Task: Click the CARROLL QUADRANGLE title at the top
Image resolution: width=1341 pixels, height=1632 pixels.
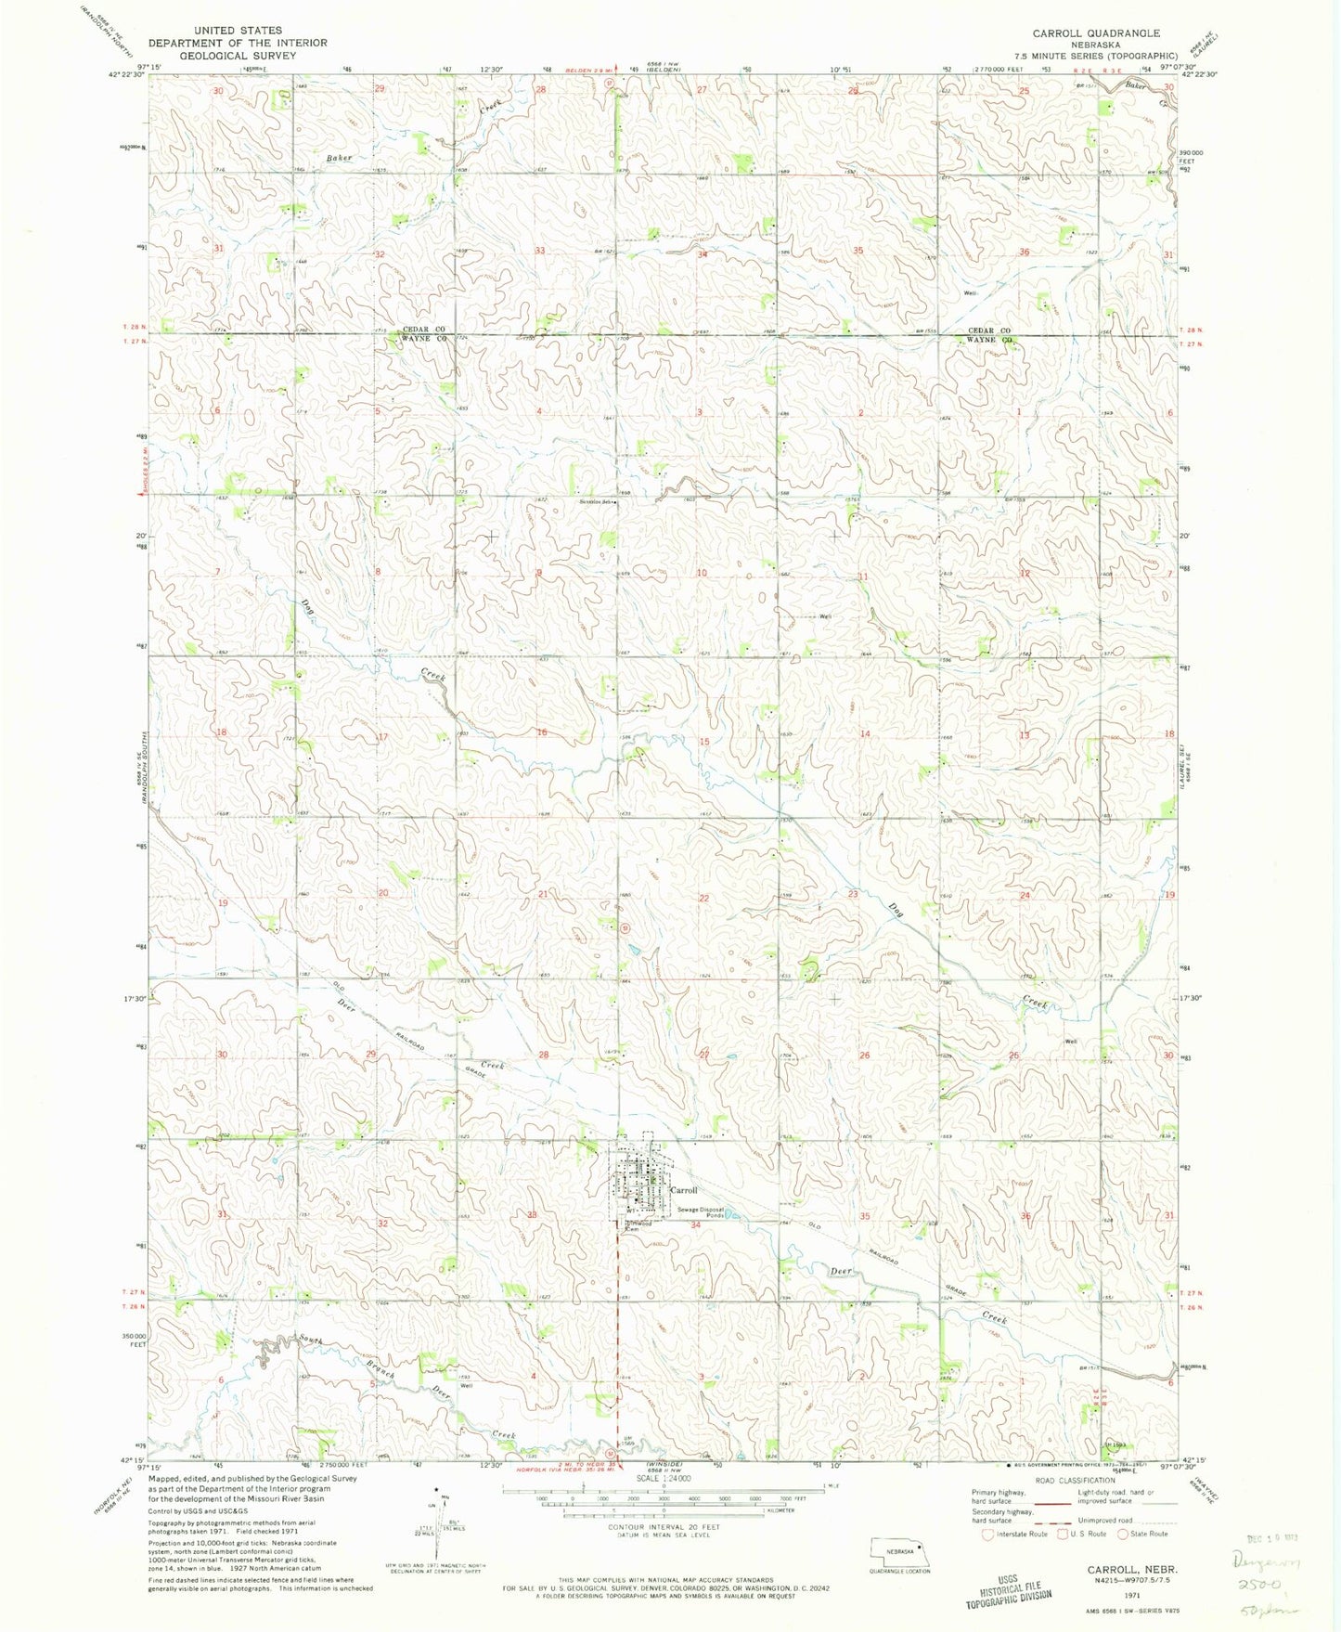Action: coord(1096,33)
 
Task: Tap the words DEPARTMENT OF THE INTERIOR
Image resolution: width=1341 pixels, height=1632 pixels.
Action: coord(238,43)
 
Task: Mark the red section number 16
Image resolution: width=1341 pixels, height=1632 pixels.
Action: coord(541,732)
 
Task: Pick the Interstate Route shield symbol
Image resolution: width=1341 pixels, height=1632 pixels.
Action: coord(987,1535)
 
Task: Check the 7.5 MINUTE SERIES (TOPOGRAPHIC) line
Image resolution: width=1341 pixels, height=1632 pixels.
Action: coord(1095,56)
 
